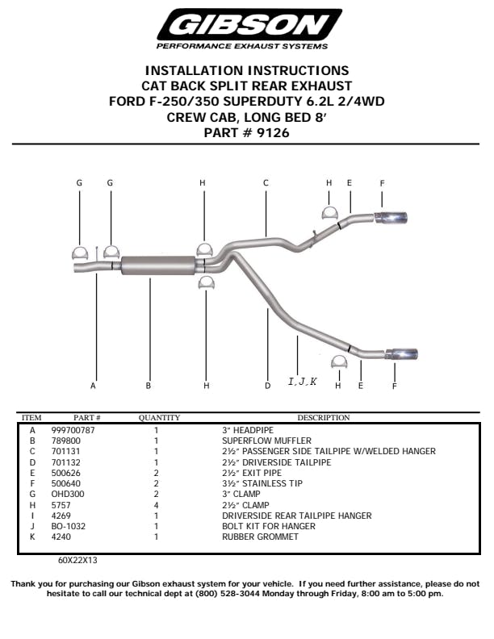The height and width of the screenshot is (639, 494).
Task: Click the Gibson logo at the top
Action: pos(249,29)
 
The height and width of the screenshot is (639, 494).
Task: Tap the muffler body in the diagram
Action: pos(158,265)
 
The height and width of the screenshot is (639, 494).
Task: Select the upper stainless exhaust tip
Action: pos(391,218)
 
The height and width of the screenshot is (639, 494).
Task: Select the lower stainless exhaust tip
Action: pos(401,354)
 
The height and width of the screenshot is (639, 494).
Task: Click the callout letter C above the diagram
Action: pos(266,183)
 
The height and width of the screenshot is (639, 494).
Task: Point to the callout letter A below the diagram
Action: pos(93,386)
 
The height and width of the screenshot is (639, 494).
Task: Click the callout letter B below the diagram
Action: pos(149,386)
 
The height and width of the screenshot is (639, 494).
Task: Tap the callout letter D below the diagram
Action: pos(267,386)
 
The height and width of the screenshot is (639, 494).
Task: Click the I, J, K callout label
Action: pos(303,382)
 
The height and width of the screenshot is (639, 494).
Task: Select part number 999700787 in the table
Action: pos(73,430)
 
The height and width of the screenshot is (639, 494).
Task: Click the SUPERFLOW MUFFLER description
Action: pos(266,441)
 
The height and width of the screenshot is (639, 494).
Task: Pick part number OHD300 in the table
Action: pos(68,495)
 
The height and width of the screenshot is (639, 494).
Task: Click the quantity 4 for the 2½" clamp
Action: pos(156,505)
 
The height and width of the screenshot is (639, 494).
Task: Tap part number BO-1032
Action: pos(69,527)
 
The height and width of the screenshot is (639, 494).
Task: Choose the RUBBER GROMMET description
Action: pos(260,537)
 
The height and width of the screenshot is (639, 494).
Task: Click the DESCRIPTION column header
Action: pos(324,418)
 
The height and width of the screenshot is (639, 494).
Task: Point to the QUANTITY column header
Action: pos(159,418)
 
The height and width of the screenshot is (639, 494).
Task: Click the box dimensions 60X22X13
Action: pos(77,561)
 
